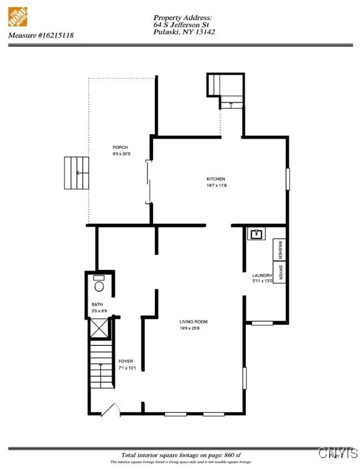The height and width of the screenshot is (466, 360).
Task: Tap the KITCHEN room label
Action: tap(216, 179)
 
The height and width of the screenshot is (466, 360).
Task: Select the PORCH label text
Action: tap(120, 147)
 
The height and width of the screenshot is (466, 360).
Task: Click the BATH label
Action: tap(97, 305)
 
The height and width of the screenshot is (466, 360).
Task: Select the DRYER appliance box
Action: tap(280, 274)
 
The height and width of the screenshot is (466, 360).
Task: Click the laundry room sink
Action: tap(255, 234)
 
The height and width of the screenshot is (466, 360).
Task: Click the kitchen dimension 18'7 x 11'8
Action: tap(216, 186)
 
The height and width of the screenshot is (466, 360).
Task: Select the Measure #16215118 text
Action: tap(38, 35)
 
